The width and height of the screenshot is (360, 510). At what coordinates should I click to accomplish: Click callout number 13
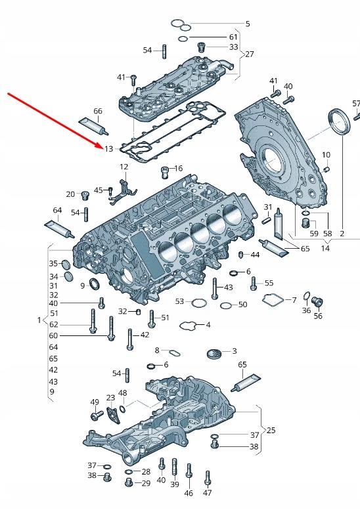point(108,149)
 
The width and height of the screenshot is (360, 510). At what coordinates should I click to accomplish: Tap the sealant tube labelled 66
point(92,125)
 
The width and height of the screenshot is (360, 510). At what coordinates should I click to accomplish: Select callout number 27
point(249,54)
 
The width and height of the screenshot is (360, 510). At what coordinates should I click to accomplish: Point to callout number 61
point(233,37)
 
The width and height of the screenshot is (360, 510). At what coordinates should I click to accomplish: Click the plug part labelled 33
point(202,47)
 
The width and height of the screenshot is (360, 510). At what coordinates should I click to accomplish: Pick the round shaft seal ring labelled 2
point(340,123)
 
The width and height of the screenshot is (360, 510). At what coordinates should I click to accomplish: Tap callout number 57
point(356,104)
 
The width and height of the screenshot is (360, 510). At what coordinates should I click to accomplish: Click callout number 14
point(325,249)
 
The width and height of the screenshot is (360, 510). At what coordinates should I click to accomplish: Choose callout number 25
point(271,431)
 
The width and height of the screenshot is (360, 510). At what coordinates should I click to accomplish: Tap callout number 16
point(178,169)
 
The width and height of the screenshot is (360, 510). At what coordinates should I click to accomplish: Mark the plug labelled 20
point(84,195)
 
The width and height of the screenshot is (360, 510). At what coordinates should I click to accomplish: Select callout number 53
point(179,301)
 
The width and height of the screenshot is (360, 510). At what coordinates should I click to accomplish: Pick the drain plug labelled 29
point(129,482)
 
